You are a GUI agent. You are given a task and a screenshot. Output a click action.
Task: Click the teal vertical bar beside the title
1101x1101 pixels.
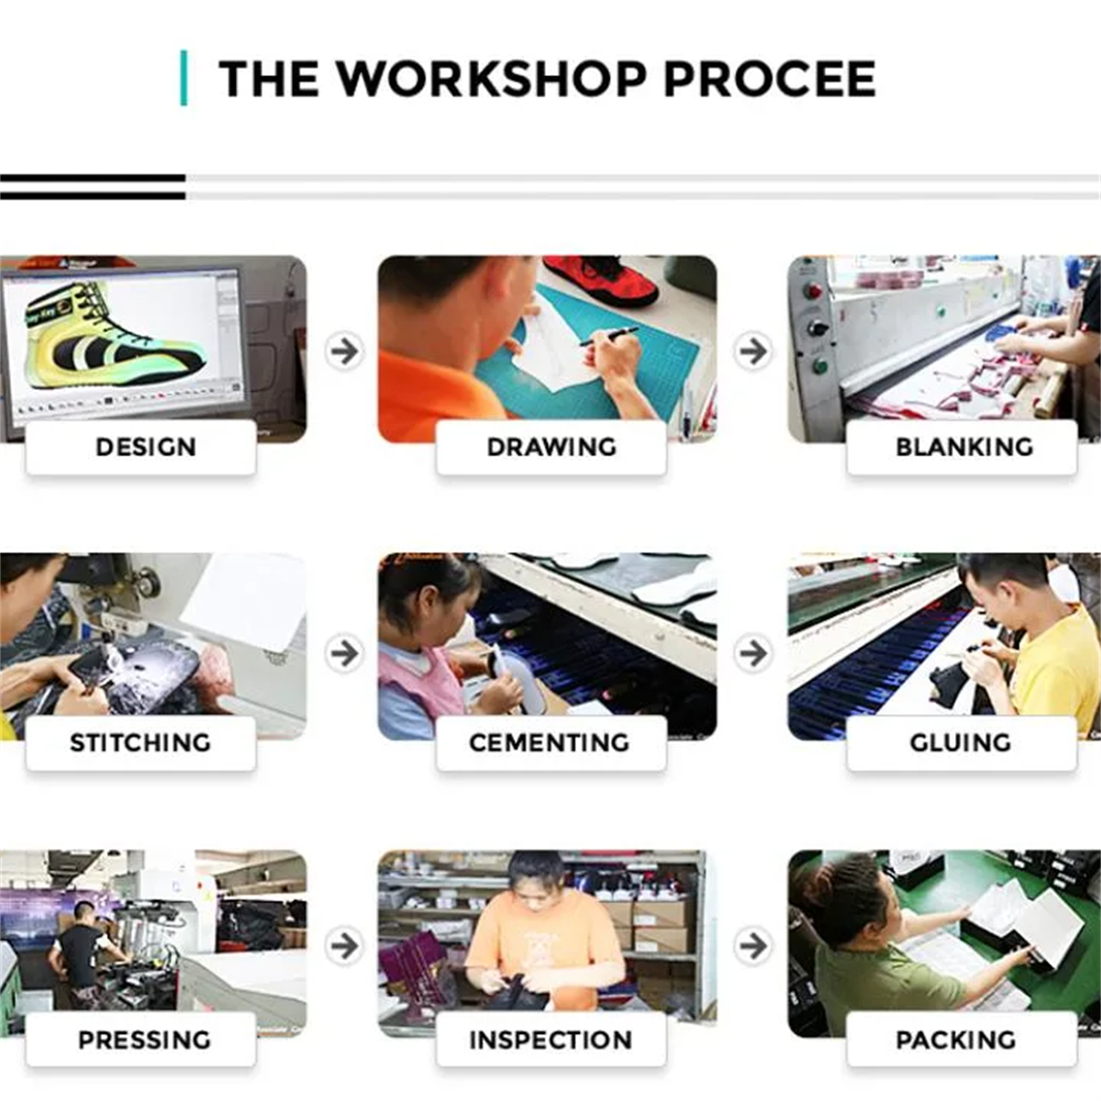(x=183, y=78)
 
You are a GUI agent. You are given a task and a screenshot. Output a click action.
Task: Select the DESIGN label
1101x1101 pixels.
(x=146, y=447)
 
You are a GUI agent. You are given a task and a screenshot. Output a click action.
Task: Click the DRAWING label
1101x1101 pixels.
(x=551, y=447)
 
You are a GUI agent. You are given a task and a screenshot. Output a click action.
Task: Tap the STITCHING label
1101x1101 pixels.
(x=140, y=743)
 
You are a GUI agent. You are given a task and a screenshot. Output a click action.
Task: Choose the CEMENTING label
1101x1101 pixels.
(x=550, y=743)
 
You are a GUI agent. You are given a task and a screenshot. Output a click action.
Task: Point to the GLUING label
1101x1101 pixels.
(x=961, y=743)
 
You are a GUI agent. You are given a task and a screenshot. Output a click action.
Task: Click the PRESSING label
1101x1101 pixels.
(x=145, y=1040)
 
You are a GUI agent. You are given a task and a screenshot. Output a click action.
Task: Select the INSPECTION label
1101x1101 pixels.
(x=550, y=1040)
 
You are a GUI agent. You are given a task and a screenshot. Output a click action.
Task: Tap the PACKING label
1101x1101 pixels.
(x=956, y=1040)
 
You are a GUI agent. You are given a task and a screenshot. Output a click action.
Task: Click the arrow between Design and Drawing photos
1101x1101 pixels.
(x=345, y=350)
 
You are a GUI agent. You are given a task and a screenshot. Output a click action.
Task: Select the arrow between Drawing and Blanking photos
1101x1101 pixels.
(x=753, y=350)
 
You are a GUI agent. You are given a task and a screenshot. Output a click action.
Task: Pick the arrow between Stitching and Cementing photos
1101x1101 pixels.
(x=345, y=652)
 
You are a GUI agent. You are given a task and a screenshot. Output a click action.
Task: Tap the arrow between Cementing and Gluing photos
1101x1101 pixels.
(x=753, y=652)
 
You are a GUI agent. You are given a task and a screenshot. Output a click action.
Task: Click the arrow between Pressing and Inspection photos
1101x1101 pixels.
(x=345, y=946)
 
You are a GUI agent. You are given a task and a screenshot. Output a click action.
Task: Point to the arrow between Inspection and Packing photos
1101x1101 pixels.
(x=753, y=946)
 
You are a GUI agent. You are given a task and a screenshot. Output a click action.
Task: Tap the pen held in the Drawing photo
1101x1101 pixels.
(x=609, y=336)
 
